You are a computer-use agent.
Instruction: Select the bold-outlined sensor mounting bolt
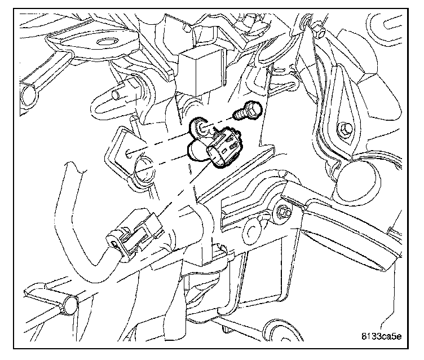click(x=247, y=112)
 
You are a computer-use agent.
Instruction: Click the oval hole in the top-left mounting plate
click(x=105, y=42)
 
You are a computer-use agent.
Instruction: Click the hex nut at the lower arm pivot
click(x=284, y=213)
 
